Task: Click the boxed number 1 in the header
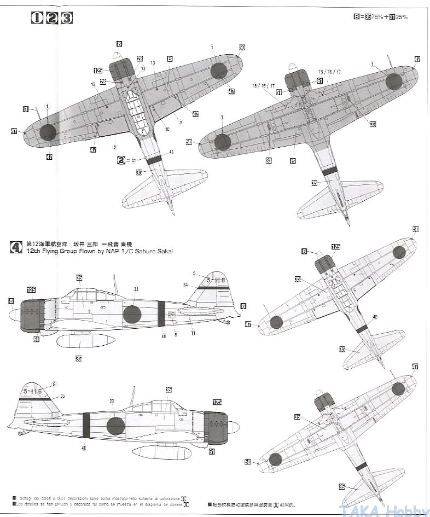pyautogui.click(x=37, y=18)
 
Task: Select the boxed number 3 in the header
pyautogui.click(x=67, y=18)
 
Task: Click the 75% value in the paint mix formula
pyautogui.click(x=377, y=17)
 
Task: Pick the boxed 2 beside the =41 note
pyautogui.click(x=121, y=160)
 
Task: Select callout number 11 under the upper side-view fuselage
pyautogui.click(x=193, y=332)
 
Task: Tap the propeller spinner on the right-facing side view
pyautogui.click(x=232, y=426)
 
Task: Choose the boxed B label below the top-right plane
pyautogui.click(x=293, y=161)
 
